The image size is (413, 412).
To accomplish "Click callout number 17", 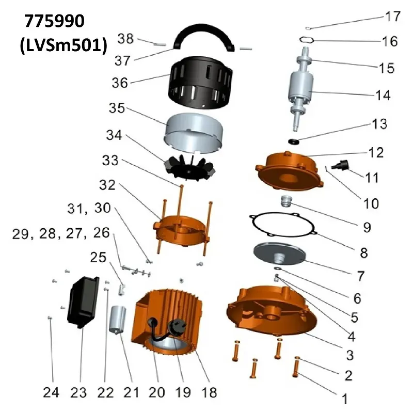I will [393, 17].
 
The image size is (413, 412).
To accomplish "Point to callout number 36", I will [119, 82].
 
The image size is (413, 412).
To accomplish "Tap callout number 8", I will [363, 252].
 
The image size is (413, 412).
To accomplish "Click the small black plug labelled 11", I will [340, 166].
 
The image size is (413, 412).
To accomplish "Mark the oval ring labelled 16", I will [307, 39].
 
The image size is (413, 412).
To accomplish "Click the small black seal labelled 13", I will [295, 141].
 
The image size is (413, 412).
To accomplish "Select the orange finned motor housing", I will [170, 320].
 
